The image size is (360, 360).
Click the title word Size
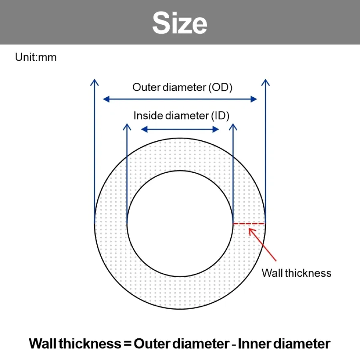(x=180, y=23)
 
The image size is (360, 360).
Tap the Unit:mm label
(x=36, y=57)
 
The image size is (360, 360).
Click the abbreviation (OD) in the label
(x=220, y=88)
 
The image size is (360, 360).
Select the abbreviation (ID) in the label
(x=220, y=116)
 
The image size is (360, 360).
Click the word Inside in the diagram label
(x=148, y=116)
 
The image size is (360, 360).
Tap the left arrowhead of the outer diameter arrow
(x=106, y=99)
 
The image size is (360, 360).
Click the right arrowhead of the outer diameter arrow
(x=254, y=99)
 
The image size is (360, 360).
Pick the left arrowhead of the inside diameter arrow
(x=144, y=130)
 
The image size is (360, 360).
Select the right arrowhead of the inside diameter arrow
(x=216, y=130)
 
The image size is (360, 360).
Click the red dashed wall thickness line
(x=249, y=223)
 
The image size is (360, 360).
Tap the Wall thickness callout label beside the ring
(x=296, y=273)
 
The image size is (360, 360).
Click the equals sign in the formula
(x=128, y=344)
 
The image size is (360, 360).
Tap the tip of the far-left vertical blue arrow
(x=94, y=80)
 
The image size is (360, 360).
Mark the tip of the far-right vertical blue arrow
(x=266, y=80)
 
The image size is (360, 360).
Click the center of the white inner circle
(x=180, y=223)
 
